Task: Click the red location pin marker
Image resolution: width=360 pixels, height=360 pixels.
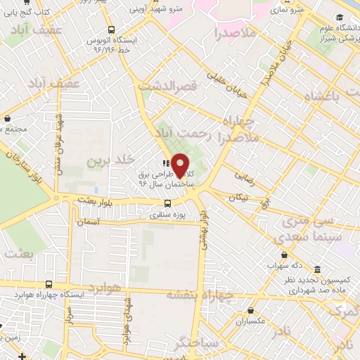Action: [x=181, y=165]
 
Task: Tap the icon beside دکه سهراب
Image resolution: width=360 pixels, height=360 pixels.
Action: [x=283, y=255]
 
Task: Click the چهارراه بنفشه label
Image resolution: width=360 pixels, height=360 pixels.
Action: [x=225, y=297]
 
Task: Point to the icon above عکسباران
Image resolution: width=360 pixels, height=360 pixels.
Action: [x=252, y=309]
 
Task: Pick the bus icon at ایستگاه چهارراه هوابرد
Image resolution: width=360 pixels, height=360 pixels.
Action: [x=48, y=285]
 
